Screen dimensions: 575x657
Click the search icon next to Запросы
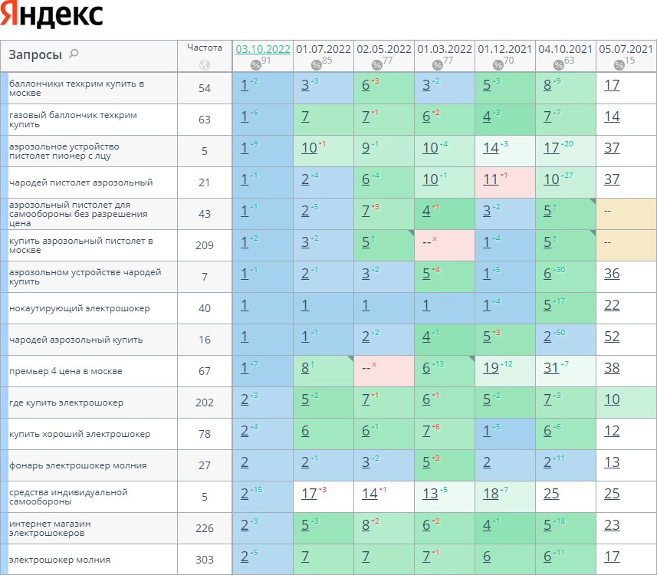pos(74,54)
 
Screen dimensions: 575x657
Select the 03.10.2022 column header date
pos(262,49)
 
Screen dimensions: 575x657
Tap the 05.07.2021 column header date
pos(626,49)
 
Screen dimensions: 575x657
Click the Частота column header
pos(204,48)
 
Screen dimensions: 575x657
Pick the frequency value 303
pos(204,560)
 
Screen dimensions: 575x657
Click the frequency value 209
pos(204,246)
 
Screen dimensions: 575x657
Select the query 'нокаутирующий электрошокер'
pos(80,308)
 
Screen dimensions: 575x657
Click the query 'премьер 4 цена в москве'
pos(66,371)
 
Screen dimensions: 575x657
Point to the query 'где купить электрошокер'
pos(66,402)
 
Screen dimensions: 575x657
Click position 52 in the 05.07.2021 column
pos(612,340)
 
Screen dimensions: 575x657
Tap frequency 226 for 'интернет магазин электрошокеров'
pos(204,528)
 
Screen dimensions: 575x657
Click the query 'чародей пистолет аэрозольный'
pos(81,182)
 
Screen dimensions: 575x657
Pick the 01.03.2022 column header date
pos(445,49)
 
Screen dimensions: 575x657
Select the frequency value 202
pos(204,402)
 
